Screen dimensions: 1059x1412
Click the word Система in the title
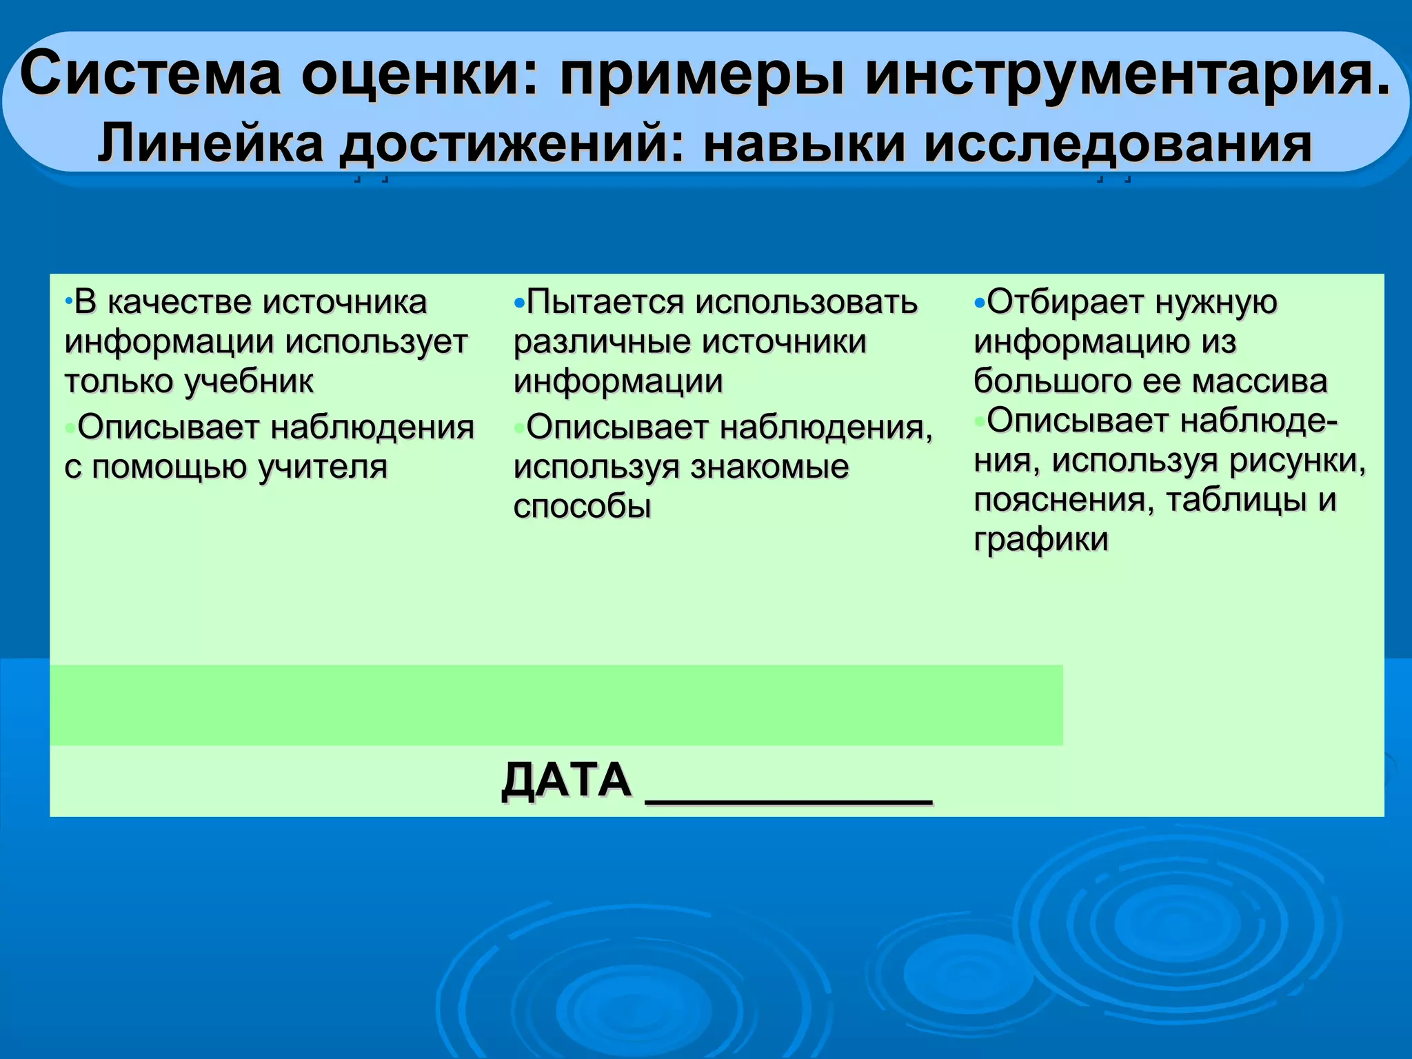[150, 74]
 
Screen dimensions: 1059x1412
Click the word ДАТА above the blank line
[566, 780]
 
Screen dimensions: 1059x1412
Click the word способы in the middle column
[583, 507]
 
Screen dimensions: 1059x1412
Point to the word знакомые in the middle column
[769, 467]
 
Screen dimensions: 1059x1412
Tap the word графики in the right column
[1041, 539]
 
